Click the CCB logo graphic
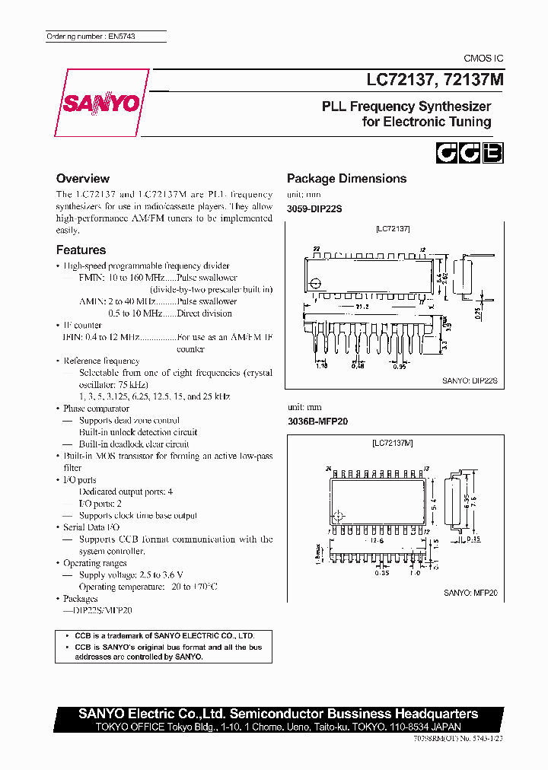pyautogui.click(x=469, y=153)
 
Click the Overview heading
pyautogui.click(x=83, y=179)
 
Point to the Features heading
pyautogui.click(x=81, y=250)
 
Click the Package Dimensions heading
pyautogui.click(x=346, y=179)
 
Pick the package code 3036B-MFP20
pyautogui.click(x=317, y=421)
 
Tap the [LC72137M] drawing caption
pyautogui.click(x=393, y=443)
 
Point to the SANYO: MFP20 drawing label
pyautogui.click(x=470, y=591)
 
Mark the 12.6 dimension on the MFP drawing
pyautogui.click(x=378, y=540)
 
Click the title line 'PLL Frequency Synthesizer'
pyautogui.click(x=406, y=107)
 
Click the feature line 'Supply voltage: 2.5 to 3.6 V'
pyautogui.click(x=132, y=575)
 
